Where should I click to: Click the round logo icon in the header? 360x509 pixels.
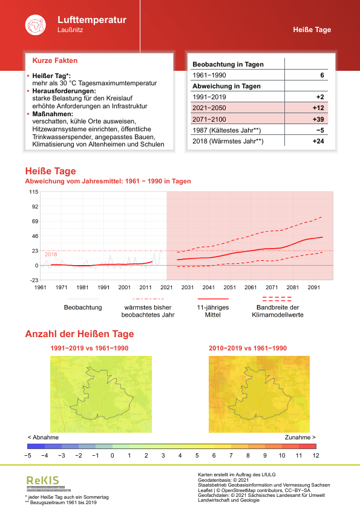point(34,24)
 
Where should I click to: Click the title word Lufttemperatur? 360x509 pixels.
point(91,20)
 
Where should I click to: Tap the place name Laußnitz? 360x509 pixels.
point(70,30)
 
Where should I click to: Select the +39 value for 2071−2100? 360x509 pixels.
point(318,119)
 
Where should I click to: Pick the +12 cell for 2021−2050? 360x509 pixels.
point(318,108)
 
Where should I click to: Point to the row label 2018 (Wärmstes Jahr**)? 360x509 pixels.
point(226,141)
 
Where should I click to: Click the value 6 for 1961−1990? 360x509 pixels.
point(322,75)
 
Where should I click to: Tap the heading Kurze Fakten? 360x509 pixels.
point(54,61)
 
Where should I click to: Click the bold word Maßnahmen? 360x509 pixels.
point(53,113)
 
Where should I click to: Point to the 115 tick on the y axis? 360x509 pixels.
point(34,192)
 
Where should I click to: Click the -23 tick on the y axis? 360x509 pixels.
point(34,280)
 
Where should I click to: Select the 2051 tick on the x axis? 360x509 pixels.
point(230,287)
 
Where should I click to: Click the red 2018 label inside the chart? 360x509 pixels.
point(51,254)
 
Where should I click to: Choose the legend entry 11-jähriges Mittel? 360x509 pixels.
point(212,310)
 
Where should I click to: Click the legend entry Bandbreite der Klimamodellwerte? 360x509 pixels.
point(278,310)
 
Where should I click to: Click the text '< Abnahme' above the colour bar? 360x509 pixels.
point(43,436)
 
